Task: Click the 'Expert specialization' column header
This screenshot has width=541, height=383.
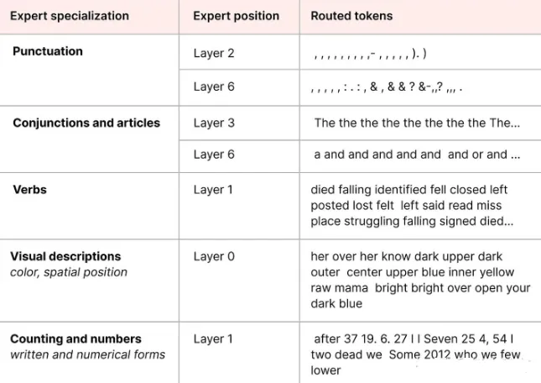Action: click(x=70, y=16)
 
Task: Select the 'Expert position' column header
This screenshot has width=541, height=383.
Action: click(x=236, y=16)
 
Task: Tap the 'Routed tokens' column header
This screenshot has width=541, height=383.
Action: click(x=351, y=16)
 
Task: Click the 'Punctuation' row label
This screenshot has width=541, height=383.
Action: click(x=48, y=51)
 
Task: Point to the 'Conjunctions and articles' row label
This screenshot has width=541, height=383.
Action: click(x=86, y=123)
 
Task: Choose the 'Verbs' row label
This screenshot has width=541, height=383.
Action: click(x=29, y=190)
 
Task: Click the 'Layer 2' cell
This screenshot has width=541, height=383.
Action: click(x=214, y=53)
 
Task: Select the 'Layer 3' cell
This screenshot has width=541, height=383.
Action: click(x=214, y=123)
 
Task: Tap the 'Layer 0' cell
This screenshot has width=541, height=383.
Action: click(x=214, y=256)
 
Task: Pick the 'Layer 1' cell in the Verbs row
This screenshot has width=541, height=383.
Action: click(x=213, y=190)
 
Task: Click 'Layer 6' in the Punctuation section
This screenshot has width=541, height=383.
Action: click(x=214, y=87)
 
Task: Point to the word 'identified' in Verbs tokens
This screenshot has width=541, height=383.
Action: click(x=396, y=190)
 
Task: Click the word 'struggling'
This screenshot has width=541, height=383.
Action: click(x=372, y=222)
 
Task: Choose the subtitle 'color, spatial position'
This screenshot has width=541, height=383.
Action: click(x=69, y=272)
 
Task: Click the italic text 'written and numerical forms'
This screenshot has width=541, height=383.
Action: click(x=87, y=354)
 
